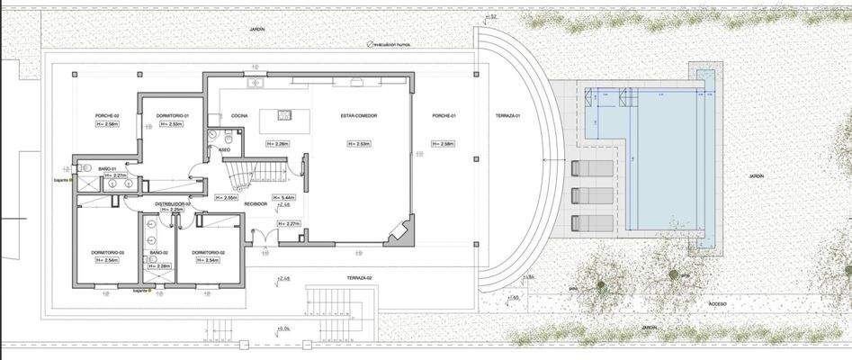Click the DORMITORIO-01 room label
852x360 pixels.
[172, 116]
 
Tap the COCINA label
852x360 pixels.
[239, 116]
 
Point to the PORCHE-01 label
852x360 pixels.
[444, 116]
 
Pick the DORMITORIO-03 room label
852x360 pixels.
[107, 252]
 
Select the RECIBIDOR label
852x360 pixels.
[256, 204]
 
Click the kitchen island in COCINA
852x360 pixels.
[283, 121]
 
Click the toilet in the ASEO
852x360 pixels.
[229, 140]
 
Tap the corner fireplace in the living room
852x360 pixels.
[397, 234]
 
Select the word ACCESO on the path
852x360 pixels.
[717, 304]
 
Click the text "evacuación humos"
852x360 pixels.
[398, 42]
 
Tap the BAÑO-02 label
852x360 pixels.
[159, 252]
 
